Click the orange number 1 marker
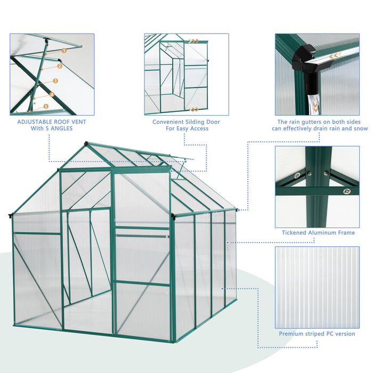click(63, 50)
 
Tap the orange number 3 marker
click(55, 81)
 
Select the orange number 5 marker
click(46, 107)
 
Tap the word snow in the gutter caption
click(361, 128)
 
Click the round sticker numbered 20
click(297, 174)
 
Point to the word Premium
click(293, 334)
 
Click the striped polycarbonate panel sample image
click(317, 287)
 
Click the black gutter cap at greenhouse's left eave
click(10, 215)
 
